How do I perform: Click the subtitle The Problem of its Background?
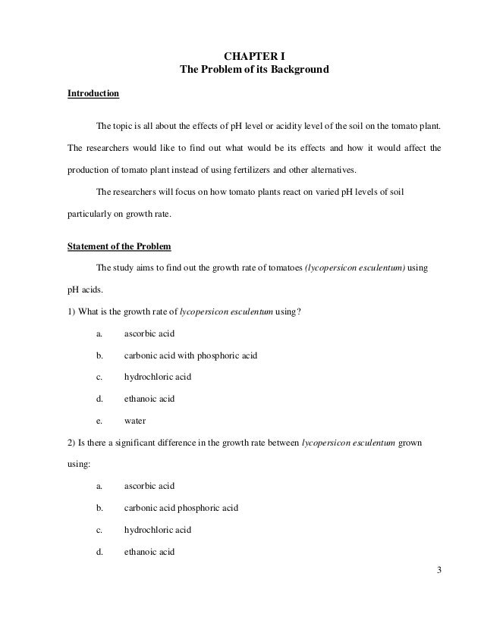pyautogui.click(x=253, y=70)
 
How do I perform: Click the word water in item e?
pyautogui.click(x=135, y=419)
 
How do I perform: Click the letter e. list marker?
pyautogui.click(x=99, y=419)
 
